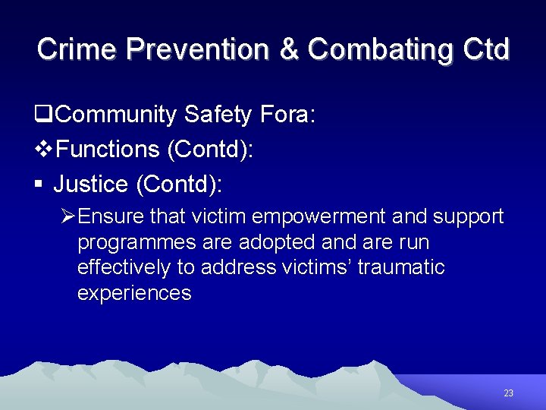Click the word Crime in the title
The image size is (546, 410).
[77, 49]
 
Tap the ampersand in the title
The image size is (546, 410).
[289, 49]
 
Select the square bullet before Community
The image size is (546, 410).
[43, 115]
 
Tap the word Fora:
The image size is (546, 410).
[288, 115]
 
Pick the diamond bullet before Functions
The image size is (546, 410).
[44, 150]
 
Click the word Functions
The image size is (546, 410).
[108, 150]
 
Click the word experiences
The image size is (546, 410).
[134, 293]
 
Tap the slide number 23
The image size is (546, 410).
[508, 393]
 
